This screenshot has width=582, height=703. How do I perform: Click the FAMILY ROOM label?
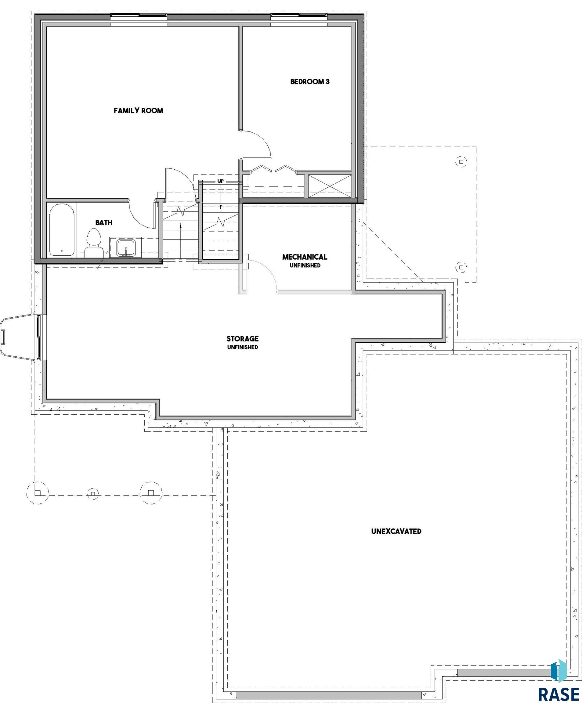(138, 110)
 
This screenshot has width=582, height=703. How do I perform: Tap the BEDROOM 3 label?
(310, 81)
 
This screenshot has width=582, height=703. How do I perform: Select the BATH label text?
(104, 223)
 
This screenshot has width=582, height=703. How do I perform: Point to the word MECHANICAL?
(305, 257)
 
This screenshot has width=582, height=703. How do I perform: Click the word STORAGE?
(242, 339)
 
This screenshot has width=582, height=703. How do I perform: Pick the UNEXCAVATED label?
(396, 531)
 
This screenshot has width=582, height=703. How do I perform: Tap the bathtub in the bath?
(62, 230)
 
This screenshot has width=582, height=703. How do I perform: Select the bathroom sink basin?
(126, 248)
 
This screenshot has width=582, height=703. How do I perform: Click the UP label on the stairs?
(220, 181)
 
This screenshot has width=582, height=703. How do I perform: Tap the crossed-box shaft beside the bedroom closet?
(330, 186)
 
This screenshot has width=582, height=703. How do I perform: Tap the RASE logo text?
(559, 694)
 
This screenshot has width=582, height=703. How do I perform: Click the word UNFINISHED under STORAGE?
(242, 348)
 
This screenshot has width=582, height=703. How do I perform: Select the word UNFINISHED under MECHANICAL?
(305, 265)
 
